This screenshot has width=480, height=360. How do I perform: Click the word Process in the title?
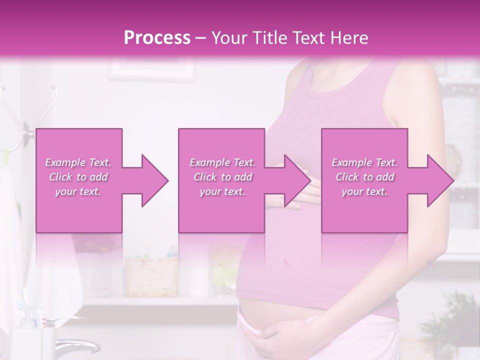coord(157,38)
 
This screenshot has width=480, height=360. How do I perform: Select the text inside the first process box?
coord(78,177)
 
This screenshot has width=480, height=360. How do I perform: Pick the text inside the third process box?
coord(364,177)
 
